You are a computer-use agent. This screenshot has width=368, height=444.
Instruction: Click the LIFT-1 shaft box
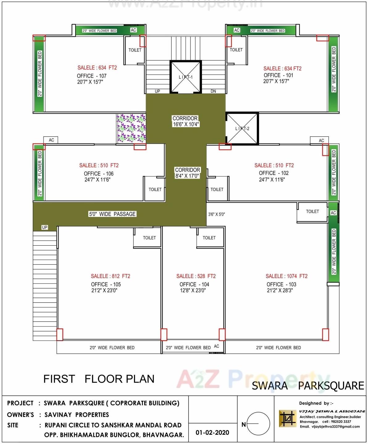pyautogui.click(x=186, y=77)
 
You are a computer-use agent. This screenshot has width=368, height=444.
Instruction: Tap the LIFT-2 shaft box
pyautogui.click(x=242, y=128)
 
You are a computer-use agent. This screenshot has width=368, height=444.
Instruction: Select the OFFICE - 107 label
pyautogui.click(x=92, y=76)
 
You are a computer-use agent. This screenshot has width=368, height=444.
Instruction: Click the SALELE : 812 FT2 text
pyautogui.click(x=111, y=276)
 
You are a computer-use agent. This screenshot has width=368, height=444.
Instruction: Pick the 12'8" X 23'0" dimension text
pyautogui.click(x=193, y=290)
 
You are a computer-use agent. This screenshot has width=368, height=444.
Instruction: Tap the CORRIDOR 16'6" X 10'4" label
pyautogui.click(x=186, y=121)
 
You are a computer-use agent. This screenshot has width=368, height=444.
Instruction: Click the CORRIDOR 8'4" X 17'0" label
pyautogui.click(x=187, y=173)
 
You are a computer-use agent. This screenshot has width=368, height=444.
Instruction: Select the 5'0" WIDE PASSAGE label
pyautogui.click(x=112, y=214)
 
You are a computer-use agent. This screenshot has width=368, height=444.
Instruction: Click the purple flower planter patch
pyautogui.click(x=131, y=128)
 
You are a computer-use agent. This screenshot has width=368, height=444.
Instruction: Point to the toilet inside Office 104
pyautogui.click(x=209, y=238)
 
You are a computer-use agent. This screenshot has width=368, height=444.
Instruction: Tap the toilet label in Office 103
pyautogui.click(x=312, y=211)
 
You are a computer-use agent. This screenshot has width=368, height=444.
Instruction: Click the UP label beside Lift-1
pyautogui.click(x=157, y=91)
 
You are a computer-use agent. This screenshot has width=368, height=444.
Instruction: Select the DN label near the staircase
pyautogui.click(x=213, y=91)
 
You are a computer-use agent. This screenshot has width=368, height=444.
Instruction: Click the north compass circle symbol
pyautogui.click(x=258, y=424)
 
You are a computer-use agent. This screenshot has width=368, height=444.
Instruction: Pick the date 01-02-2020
pyautogui.click(x=212, y=432)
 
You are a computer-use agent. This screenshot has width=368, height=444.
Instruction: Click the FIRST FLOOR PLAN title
pyautogui.click(x=99, y=379)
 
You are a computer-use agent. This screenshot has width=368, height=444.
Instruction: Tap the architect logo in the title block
pyautogui.click(x=287, y=418)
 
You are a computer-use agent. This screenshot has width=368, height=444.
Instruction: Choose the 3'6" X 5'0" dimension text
pyautogui.click(x=216, y=214)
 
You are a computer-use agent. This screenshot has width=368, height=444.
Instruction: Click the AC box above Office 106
pyautogui.click(x=51, y=140)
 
